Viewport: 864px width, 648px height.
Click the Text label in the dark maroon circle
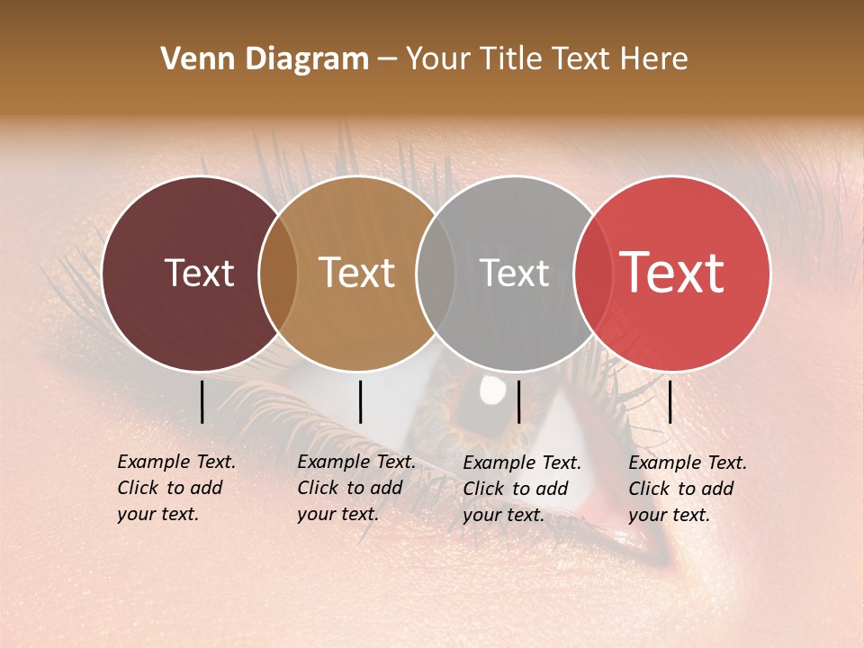click(199, 273)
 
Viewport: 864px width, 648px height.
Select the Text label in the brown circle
click(357, 273)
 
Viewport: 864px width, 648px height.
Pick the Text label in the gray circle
click(514, 273)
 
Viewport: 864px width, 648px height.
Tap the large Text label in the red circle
click(672, 273)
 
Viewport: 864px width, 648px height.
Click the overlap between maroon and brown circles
click(278, 274)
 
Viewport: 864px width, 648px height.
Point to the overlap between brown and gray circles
click(436, 274)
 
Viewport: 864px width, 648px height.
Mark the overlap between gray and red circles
click(593, 274)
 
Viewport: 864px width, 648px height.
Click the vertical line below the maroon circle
click(202, 401)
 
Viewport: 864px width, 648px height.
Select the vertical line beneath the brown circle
click(360, 401)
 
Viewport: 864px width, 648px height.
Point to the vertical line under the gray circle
click(518, 401)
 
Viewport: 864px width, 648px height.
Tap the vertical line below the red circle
click(670, 401)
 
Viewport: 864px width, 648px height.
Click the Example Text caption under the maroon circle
click(175, 488)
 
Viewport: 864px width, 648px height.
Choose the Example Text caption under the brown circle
click(355, 488)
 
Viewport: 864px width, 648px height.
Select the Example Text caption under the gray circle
click(521, 489)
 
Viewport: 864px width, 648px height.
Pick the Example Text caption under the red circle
click(687, 489)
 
